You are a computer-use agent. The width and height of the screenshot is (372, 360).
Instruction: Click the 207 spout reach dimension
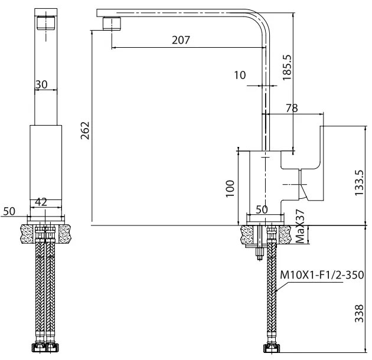tap(181, 40)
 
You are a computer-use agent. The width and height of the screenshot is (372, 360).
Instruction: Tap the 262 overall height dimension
tap(84, 130)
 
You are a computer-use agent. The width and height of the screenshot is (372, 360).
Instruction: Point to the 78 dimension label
tap(291, 108)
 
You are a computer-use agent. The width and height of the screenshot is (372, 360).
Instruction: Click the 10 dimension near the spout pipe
tap(239, 75)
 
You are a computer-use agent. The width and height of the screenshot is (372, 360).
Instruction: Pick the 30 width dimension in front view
tap(41, 84)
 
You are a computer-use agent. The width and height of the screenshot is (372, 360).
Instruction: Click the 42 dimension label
tap(41, 201)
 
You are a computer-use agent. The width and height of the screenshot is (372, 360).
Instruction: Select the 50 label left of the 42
tap(9, 211)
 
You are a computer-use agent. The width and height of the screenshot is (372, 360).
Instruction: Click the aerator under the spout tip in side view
tap(112, 24)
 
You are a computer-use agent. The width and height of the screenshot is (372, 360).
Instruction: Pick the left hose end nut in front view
tap(40, 348)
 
